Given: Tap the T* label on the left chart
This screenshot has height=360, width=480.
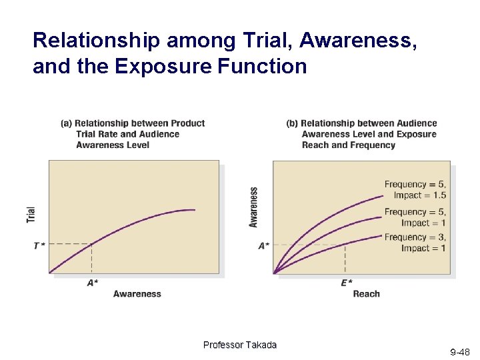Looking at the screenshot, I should pyautogui.click(x=39, y=245).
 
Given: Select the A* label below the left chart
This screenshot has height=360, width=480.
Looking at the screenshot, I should pyautogui.click(x=93, y=283).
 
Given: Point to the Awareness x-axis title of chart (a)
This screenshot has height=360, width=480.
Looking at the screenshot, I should pyautogui.click(x=137, y=294).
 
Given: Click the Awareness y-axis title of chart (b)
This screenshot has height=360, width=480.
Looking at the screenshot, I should pyautogui.click(x=253, y=207).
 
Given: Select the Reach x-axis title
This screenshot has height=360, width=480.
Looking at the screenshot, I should pyautogui.click(x=366, y=294).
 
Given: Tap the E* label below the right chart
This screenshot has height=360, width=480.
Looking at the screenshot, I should pyautogui.click(x=347, y=283).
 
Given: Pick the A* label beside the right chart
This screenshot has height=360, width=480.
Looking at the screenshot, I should pyautogui.click(x=264, y=245).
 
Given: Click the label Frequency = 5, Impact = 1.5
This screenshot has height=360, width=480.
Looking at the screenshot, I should pyautogui.click(x=415, y=190).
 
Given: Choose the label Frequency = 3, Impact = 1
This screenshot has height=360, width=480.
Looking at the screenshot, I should pyautogui.click(x=415, y=243).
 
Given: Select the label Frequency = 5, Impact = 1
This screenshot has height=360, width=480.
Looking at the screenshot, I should pyautogui.click(x=415, y=217).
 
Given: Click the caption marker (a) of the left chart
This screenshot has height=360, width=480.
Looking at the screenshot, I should pyautogui.click(x=66, y=123).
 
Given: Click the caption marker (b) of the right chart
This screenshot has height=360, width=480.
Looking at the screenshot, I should pyautogui.click(x=292, y=123).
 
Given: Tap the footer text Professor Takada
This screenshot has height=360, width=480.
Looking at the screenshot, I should pyautogui.click(x=239, y=345).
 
